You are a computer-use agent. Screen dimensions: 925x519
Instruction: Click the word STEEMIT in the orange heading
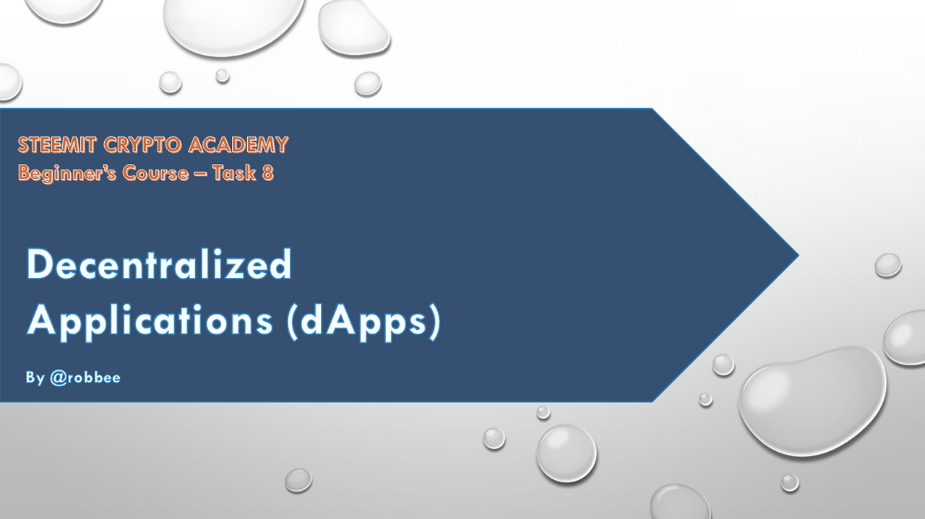(x=57, y=145)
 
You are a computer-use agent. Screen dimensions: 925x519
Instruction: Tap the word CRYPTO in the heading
(x=142, y=145)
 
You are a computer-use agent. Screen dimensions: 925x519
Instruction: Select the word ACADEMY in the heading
(x=238, y=145)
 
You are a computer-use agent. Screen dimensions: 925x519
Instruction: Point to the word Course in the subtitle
(x=155, y=173)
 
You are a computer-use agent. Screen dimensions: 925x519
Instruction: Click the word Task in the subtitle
(x=234, y=173)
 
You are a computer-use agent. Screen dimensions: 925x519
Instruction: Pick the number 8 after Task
(x=268, y=173)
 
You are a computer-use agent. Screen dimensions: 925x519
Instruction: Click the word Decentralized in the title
(x=160, y=264)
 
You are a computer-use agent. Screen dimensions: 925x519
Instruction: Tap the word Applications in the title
(x=150, y=322)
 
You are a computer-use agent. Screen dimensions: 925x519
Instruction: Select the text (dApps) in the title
(x=363, y=322)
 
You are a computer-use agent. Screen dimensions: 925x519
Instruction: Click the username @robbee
(x=85, y=378)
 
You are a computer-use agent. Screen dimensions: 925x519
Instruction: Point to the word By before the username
(x=35, y=378)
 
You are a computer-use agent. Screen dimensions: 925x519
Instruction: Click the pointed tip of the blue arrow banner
(x=799, y=256)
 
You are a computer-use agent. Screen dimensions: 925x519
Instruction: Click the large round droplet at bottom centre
(x=567, y=453)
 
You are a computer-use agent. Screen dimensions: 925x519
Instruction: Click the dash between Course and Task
(x=201, y=174)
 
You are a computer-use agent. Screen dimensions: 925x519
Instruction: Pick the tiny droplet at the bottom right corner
(x=790, y=483)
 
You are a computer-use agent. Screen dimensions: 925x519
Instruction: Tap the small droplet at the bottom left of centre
(x=298, y=480)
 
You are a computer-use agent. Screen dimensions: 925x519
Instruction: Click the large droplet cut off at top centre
(x=233, y=25)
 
